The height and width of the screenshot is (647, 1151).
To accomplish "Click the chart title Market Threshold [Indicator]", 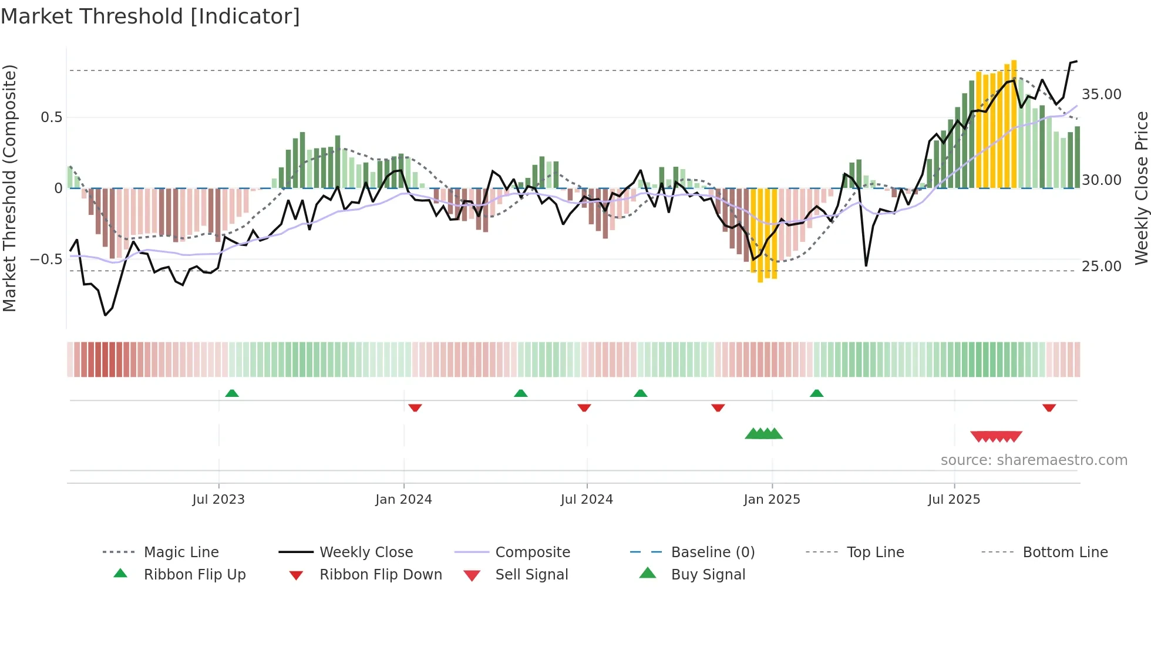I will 150,16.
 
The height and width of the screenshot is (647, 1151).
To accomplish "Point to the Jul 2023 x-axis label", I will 218,499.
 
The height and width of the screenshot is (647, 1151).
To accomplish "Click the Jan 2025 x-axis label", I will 772,499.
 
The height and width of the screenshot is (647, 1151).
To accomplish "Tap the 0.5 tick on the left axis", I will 52,117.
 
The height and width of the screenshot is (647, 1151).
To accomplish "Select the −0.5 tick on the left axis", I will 47,259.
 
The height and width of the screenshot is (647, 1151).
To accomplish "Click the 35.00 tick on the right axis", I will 1102,94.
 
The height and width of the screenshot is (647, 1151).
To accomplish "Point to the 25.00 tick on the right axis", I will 1102,266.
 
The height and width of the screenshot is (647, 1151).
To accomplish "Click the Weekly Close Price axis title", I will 1140,188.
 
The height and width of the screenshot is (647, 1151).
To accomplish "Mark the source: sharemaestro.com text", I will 1034,460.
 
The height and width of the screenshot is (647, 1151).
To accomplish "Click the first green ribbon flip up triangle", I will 232,393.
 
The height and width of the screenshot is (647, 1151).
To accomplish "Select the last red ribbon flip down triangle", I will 1049,407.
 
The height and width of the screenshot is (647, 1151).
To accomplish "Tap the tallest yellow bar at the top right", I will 1014,123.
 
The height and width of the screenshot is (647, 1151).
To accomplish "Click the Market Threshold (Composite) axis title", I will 9,188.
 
